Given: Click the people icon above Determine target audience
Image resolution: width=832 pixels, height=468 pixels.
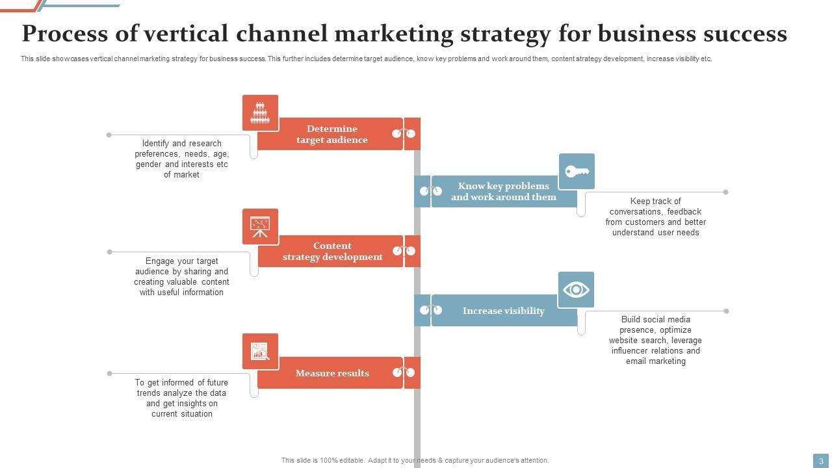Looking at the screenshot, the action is click(260, 113).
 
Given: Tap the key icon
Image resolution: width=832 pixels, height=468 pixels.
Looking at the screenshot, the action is click(577, 172).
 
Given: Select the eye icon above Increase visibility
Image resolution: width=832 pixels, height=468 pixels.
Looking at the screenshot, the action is click(576, 289).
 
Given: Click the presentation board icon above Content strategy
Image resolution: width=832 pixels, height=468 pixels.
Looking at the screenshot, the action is click(260, 227).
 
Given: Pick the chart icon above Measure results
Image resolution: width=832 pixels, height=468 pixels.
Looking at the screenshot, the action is click(260, 352).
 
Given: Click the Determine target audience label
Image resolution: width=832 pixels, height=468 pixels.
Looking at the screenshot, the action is click(331, 135).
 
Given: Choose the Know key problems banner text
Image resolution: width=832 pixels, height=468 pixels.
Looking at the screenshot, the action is click(504, 192).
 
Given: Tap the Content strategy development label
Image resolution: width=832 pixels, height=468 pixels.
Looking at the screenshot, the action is click(332, 252).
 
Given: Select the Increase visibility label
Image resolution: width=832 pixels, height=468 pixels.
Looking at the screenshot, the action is click(503, 311).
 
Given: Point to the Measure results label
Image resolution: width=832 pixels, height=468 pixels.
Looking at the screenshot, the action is click(332, 373).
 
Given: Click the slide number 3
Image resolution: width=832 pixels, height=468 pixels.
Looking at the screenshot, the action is click(821, 461).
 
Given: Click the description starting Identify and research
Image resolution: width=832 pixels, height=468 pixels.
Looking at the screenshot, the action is click(182, 159).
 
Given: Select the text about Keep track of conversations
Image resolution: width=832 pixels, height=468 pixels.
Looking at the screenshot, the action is click(655, 217).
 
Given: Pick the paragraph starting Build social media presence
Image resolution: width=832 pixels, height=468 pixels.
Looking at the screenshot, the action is click(655, 341).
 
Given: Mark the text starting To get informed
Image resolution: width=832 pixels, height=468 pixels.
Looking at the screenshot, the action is click(182, 398).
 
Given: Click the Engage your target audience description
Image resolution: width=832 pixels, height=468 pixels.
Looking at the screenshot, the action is click(182, 277).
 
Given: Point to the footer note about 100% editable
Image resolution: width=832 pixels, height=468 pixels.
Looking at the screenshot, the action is click(415, 460).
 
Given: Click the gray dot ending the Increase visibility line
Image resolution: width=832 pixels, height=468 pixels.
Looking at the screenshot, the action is click(726, 311).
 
